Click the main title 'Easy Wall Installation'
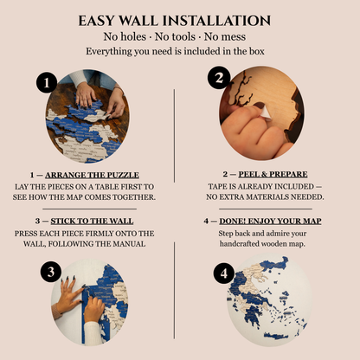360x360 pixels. pyautogui.click(x=179, y=21)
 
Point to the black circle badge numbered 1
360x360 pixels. pyautogui.click(x=48, y=83)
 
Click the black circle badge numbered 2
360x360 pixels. pyautogui.click(x=220, y=79)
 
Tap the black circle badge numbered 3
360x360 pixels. pyautogui.click(x=49, y=271)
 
